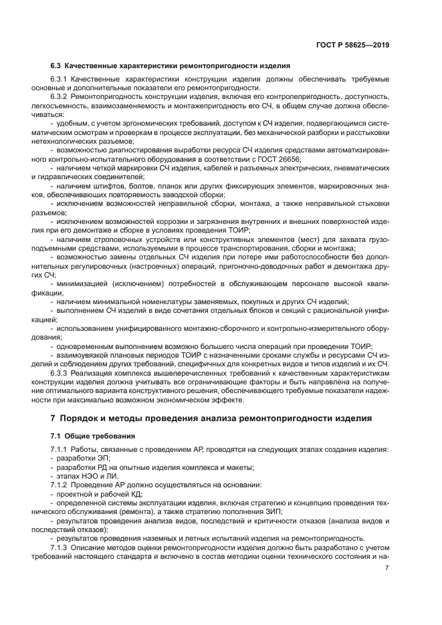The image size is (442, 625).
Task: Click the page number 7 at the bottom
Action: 387,568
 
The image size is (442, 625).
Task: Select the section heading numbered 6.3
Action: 171,66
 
